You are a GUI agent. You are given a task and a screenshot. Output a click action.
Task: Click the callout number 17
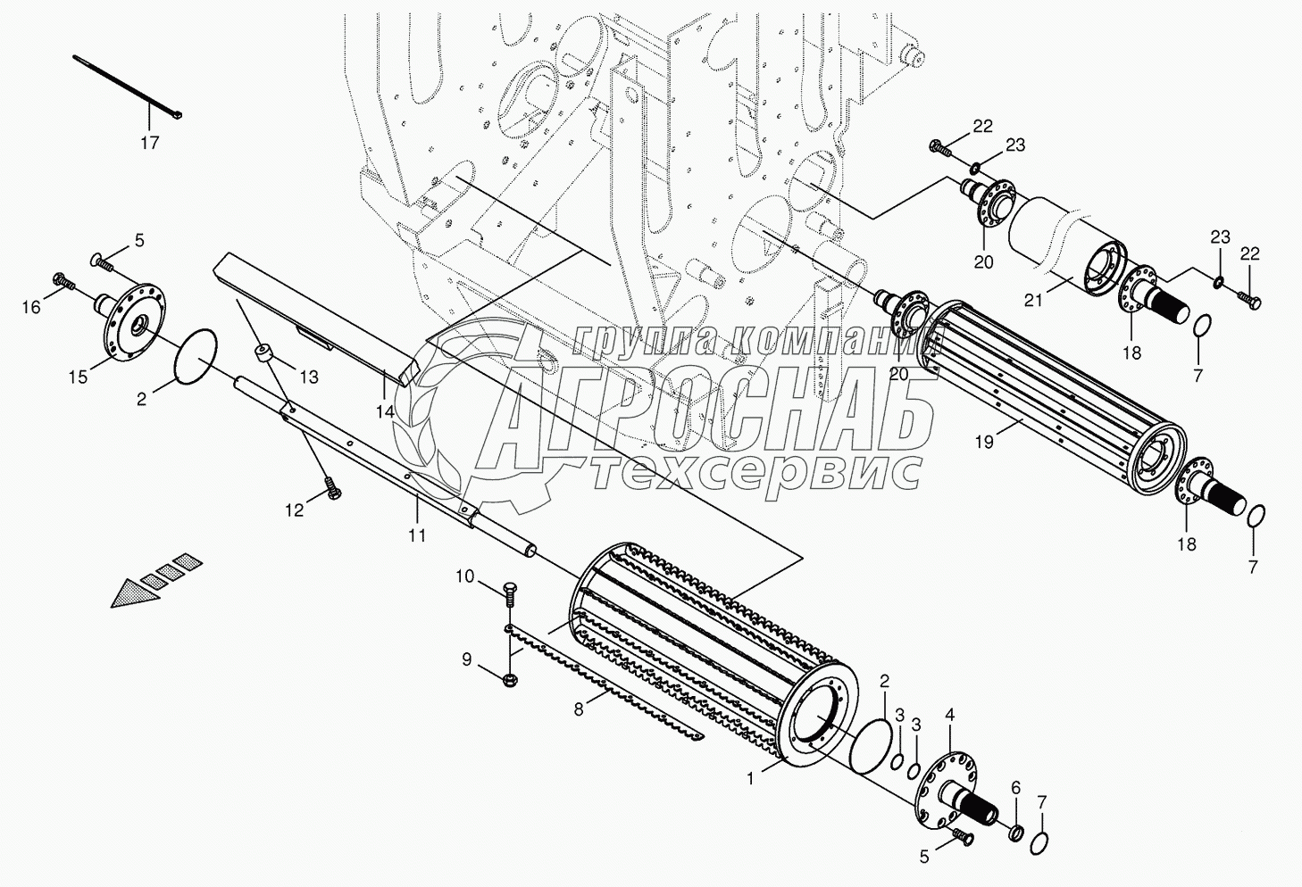149,142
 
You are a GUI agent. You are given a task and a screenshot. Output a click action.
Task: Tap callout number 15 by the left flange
79,377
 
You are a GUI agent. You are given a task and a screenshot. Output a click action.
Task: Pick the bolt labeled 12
334,488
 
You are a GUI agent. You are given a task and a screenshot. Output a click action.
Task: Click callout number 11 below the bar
417,535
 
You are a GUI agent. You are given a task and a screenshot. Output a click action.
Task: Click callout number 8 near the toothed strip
579,709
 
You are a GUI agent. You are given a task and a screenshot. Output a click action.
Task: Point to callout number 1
750,777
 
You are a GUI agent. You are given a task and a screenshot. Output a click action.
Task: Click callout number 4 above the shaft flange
949,714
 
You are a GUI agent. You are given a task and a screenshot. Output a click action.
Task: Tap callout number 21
1033,301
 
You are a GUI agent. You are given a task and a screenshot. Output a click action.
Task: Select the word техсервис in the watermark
755,471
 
